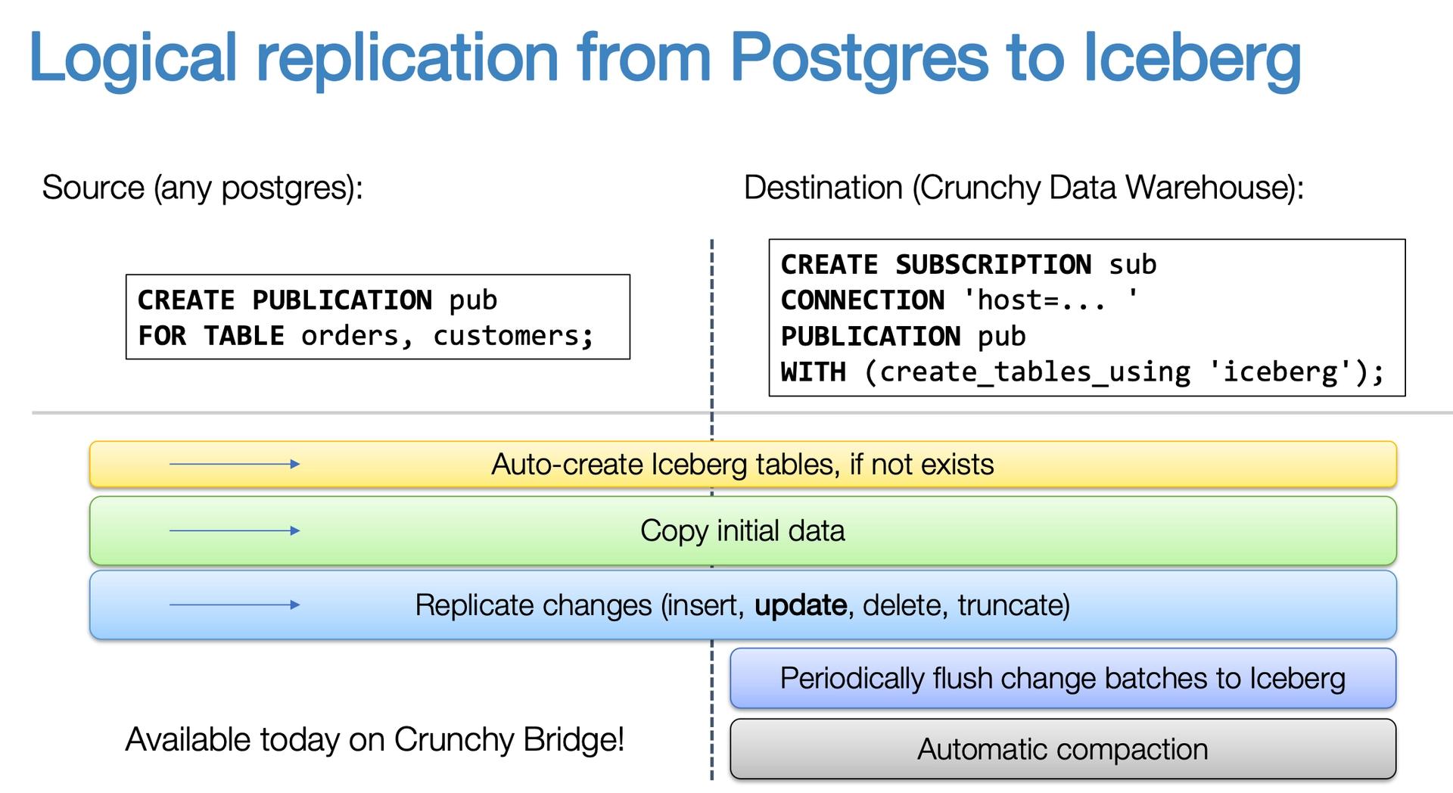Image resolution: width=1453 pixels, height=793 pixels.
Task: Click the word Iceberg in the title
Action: [x=1191, y=59]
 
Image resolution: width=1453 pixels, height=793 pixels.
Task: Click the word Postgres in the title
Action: [x=858, y=59]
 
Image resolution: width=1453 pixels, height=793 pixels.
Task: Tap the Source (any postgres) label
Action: [x=202, y=188]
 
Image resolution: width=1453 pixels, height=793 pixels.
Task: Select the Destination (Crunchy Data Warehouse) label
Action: [x=1023, y=188]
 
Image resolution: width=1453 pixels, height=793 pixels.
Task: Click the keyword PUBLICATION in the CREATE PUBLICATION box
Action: [x=341, y=300]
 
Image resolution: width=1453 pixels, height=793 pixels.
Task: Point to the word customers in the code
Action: [x=512, y=336]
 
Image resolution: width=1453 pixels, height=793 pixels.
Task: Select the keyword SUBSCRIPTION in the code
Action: [x=992, y=265]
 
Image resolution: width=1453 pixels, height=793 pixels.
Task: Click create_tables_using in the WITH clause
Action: [x=1035, y=372]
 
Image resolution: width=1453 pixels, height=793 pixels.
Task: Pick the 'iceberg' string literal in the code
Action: [x=1287, y=372]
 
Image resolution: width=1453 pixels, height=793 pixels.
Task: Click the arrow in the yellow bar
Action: [x=235, y=464]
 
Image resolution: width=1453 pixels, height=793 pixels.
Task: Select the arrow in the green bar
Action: [x=235, y=530]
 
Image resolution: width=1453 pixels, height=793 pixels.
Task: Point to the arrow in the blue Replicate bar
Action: [x=235, y=605]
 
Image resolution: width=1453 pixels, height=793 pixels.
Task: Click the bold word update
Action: [x=801, y=605]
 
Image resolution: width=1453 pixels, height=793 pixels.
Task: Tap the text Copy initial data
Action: [x=742, y=530]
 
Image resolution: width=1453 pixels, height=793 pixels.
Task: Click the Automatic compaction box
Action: [x=1062, y=749]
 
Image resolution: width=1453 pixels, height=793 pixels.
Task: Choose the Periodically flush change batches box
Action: [x=1062, y=678]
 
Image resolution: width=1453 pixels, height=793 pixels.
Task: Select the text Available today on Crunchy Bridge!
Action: [x=375, y=739]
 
